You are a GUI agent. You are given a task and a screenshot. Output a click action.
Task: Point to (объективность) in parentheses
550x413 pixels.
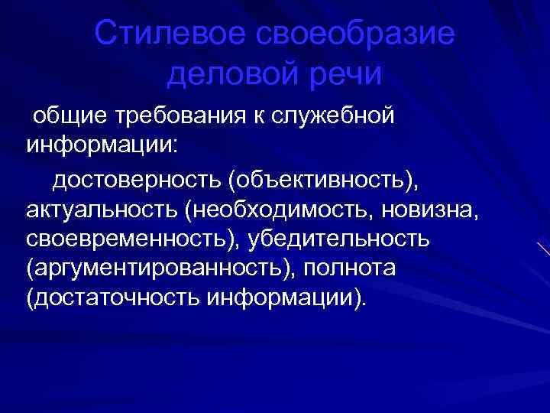tap(322, 180)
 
